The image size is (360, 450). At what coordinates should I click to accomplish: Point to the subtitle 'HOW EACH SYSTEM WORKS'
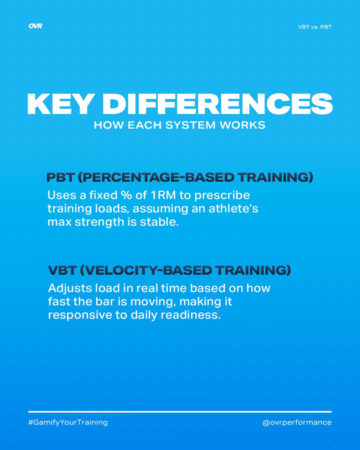point(180,125)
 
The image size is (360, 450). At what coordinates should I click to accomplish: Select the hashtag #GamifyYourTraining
point(68,423)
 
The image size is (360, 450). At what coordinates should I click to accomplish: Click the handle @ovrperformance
point(297,423)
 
